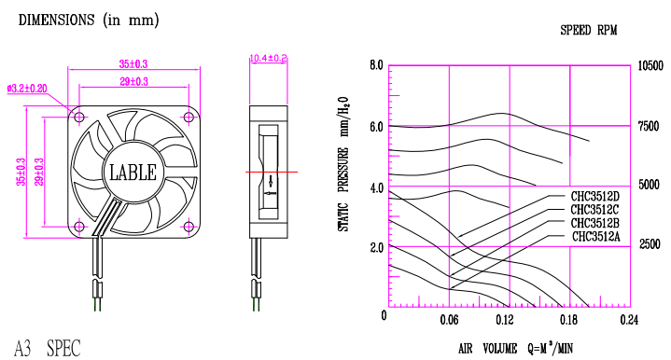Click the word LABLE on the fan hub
click(x=133, y=173)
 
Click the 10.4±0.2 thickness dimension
click(x=269, y=58)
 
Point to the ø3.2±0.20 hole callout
click(x=27, y=89)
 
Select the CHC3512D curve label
click(x=594, y=197)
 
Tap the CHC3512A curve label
click(x=595, y=237)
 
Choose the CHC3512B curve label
click(x=594, y=223)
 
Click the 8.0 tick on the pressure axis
click(x=377, y=65)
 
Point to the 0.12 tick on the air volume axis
click(x=505, y=319)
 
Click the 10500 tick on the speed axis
click(x=650, y=66)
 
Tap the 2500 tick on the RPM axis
click(x=650, y=244)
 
